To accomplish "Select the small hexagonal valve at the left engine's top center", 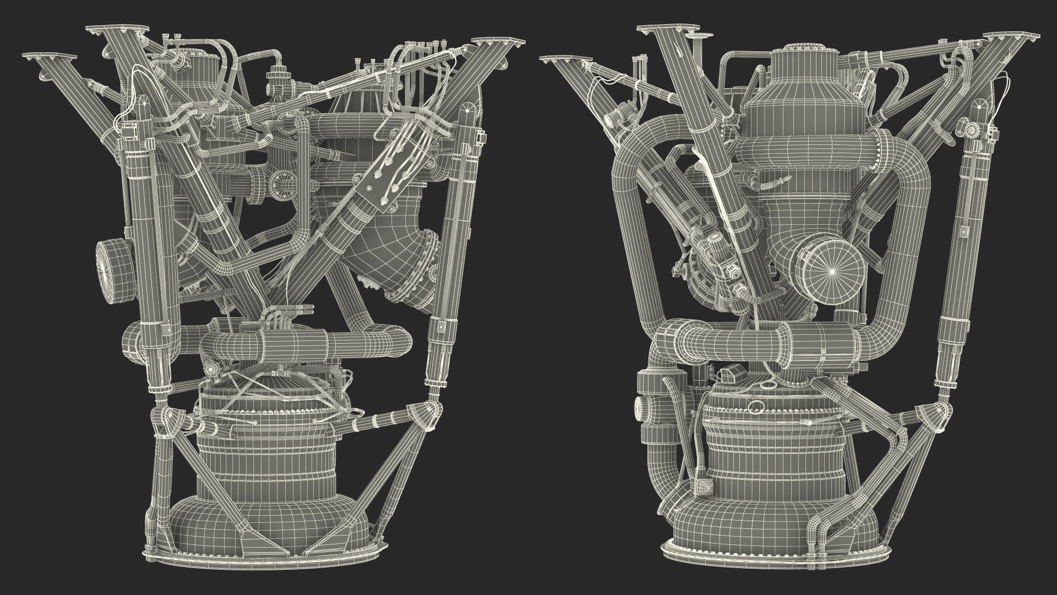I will coord(274,75).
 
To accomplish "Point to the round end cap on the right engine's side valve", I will coord(641,408).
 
